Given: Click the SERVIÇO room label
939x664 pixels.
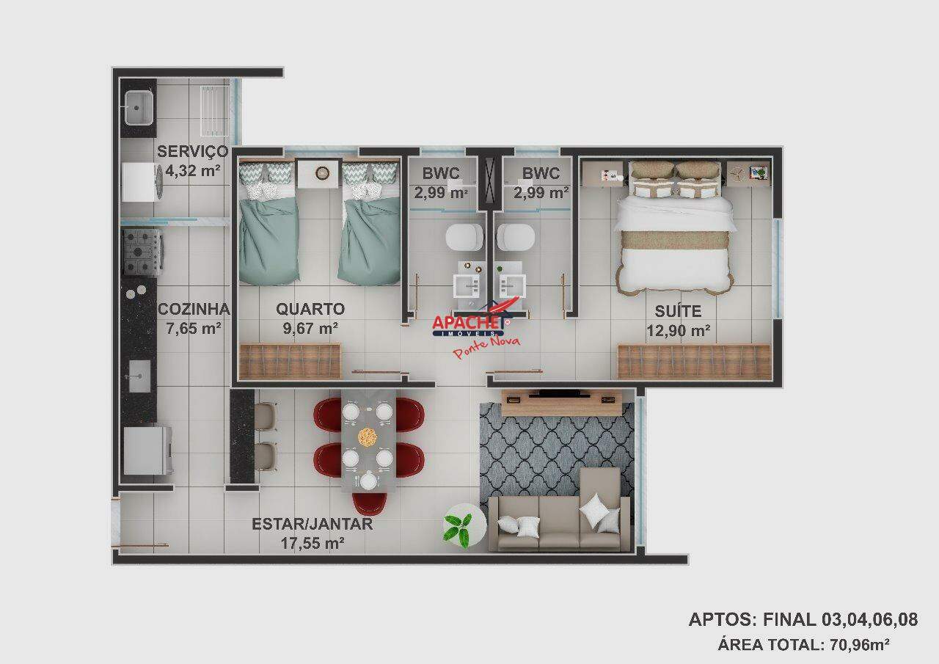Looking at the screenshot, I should click(192, 152).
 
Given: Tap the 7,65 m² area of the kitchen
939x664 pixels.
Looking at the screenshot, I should click(194, 329).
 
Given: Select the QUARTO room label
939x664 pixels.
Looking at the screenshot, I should click(310, 309).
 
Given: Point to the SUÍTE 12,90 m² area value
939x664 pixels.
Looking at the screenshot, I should click(678, 331).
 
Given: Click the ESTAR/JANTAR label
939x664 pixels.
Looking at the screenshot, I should click(312, 524).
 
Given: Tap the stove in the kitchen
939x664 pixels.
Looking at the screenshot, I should click(141, 252).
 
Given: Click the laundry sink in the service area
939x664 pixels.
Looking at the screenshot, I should click(138, 108).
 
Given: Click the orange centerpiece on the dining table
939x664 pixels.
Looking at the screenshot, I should click(367, 437).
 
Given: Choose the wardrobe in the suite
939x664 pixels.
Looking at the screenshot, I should click(694, 362).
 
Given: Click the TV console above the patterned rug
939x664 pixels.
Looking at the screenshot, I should click(561, 400).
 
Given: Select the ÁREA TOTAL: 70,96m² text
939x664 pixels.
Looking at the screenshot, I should click(803, 645).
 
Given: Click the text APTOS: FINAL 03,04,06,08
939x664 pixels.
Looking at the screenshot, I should click(803, 619).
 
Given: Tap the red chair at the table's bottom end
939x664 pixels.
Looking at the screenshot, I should click(369, 503).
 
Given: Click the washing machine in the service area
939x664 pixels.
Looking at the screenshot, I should click(141, 181).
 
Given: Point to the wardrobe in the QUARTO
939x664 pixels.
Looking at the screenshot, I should click(291, 362).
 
